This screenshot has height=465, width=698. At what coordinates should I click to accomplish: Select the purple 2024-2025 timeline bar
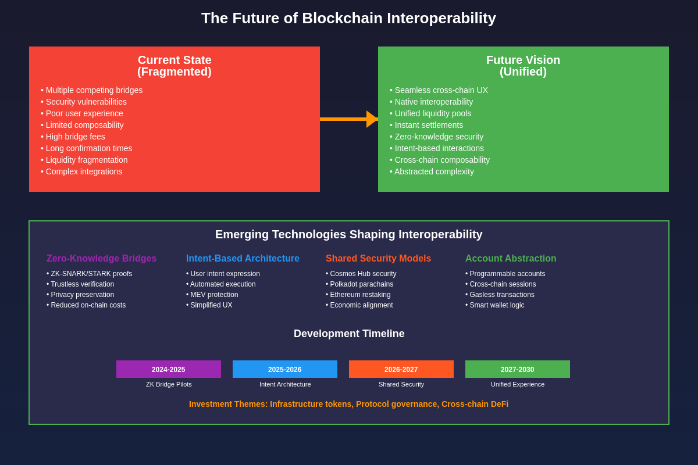169,369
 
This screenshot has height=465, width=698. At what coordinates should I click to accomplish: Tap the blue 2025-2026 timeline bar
285,369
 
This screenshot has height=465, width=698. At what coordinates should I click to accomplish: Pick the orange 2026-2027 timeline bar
401,369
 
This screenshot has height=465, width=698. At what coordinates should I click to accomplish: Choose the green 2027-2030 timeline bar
518,369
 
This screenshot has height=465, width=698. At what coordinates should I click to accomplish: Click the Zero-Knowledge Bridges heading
101,259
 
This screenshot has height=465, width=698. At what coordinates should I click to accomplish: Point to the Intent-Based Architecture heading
243,259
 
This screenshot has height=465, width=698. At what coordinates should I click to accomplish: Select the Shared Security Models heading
378,259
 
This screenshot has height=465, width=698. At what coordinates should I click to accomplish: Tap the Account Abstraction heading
511,259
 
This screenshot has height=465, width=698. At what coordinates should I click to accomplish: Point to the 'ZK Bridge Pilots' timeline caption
169,384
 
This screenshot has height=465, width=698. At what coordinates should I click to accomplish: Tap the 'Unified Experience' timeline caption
518,384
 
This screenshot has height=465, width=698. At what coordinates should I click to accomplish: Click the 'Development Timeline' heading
349,334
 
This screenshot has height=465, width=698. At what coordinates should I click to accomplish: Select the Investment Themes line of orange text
348,404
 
